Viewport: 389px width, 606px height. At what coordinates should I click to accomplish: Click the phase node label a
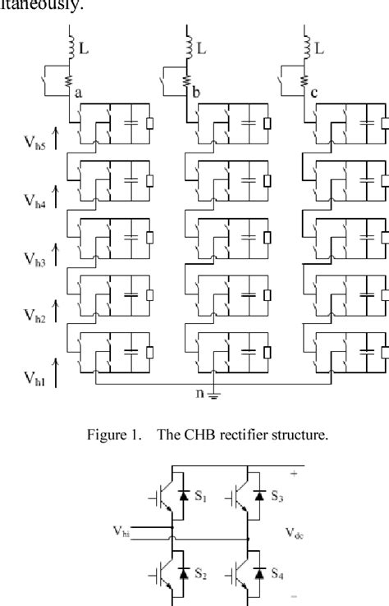click(x=80, y=93)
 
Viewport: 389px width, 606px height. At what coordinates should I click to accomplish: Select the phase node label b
click(x=197, y=93)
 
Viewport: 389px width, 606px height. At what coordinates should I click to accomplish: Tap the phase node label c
click(x=314, y=93)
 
